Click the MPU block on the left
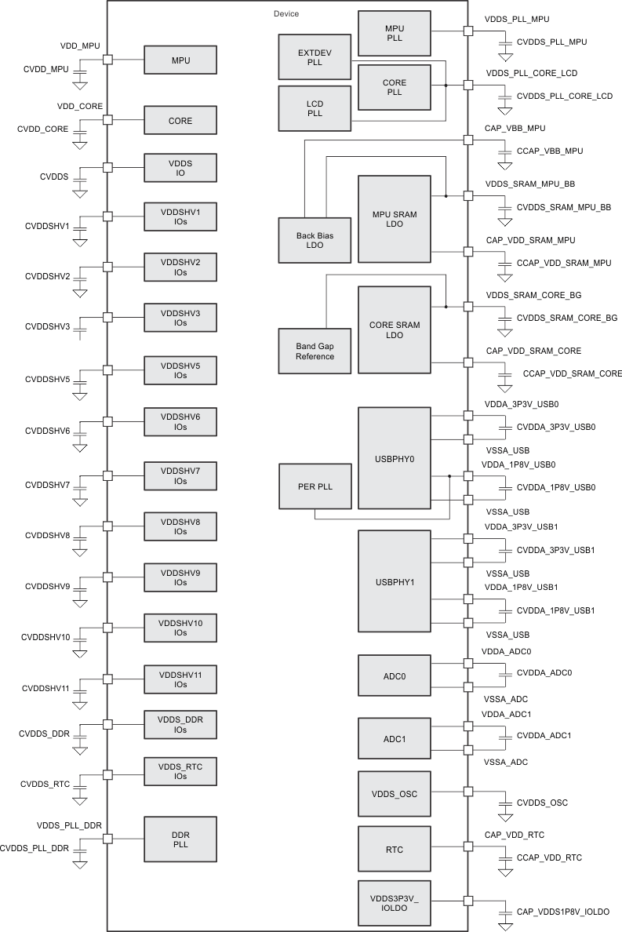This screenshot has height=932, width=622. click(180, 60)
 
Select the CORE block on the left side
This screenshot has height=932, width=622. click(180, 121)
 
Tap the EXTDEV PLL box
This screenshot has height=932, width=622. click(315, 57)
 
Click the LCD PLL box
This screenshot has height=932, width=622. click(315, 109)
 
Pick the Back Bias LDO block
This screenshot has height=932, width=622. click(315, 240)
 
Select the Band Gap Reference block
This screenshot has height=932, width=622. click(315, 351)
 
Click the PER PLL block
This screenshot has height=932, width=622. click(315, 486)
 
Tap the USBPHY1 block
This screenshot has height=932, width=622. click(395, 581)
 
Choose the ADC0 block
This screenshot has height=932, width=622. click(395, 673)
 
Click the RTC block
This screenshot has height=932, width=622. click(395, 849)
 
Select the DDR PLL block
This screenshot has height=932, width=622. click(180, 839)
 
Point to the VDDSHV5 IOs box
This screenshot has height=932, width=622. click(180, 370)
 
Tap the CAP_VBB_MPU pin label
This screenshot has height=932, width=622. click(515, 128)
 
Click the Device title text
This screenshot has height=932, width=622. click(286, 14)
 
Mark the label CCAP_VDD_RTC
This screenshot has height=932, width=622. click(549, 858)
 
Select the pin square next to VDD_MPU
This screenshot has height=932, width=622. click(109, 60)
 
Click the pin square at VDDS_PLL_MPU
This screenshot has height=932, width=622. click(468, 31)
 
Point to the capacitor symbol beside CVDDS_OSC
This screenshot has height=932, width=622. click(505, 803)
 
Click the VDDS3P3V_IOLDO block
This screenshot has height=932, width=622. click(395, 902)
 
